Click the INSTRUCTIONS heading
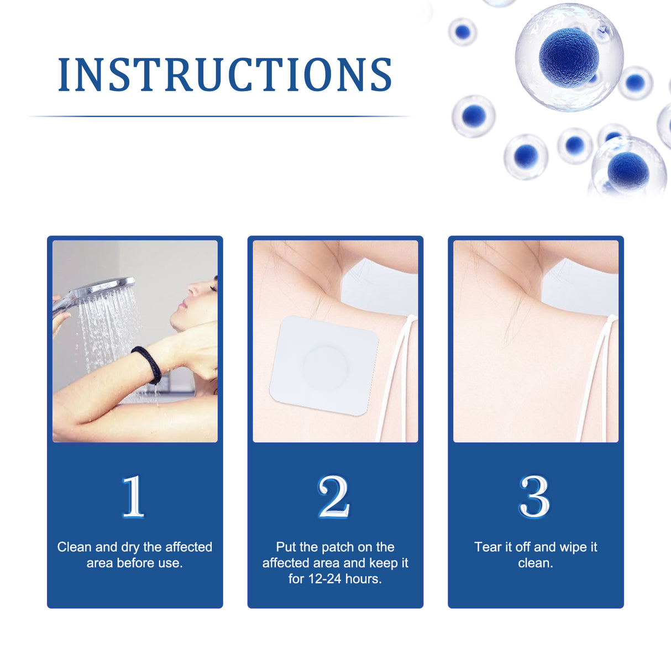(225, 75)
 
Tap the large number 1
(133, 496)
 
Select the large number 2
(334, 496)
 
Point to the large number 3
(534, 496)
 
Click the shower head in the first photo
(108, 288)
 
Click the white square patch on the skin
(324, 365)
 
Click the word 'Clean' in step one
(74, 547)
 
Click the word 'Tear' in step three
(487, 547)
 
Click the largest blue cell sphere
(569, 56)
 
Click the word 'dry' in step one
(130, 547)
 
